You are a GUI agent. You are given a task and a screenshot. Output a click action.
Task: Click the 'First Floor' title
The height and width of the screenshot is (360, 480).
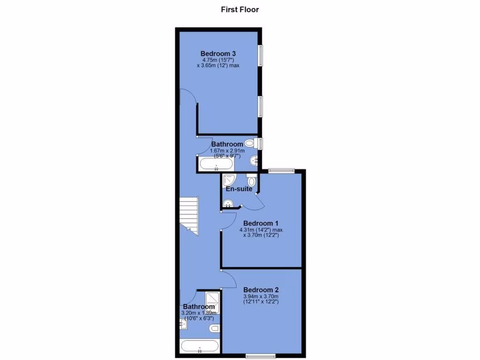pos(240,9)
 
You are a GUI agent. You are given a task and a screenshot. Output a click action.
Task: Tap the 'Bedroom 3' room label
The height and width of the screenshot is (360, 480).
pos(218,53)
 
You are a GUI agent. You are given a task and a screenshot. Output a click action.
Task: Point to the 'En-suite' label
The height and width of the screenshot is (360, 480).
pos(239,189)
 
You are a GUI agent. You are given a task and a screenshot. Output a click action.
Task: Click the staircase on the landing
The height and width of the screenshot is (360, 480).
pos(189,215)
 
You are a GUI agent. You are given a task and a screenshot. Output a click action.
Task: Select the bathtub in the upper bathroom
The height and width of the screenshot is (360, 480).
pos(216,164)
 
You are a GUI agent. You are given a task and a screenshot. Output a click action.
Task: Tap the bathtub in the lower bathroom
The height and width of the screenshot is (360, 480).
pos(199,347)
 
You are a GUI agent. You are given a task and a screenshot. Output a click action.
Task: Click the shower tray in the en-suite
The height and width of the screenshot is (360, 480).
pos(229,180)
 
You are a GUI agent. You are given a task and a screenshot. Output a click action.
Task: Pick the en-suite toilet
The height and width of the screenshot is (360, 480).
pos(252,180)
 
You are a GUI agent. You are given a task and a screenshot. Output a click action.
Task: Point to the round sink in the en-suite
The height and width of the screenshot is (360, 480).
pos(228,203)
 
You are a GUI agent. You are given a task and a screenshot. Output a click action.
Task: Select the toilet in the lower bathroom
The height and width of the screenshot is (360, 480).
pos(214,328)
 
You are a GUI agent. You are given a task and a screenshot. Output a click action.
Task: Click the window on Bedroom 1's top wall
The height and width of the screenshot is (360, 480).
pos(281,171)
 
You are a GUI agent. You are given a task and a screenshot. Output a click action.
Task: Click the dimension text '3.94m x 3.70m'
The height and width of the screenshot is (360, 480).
pos(261,296)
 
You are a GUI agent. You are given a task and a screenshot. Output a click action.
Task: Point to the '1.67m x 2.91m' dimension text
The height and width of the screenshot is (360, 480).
pos(227,150)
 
